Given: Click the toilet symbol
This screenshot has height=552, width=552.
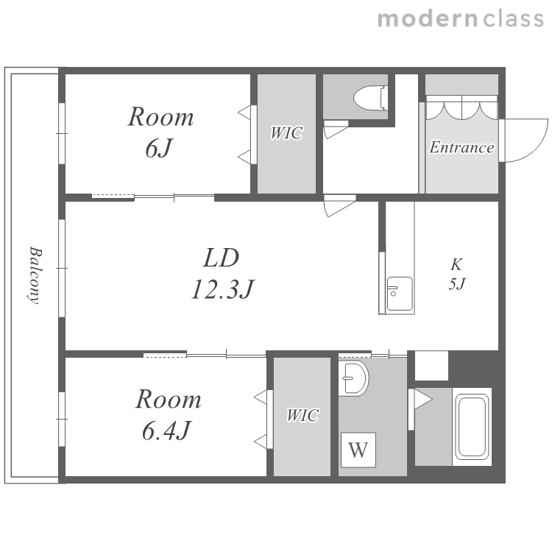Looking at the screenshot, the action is (x=370, y=97).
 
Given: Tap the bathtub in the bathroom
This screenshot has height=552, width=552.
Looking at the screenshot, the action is (x=472, y=426).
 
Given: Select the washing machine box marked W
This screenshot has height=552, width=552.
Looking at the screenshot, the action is (x=358, y=450).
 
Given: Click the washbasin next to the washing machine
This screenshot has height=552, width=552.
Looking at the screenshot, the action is (x=353, y=378).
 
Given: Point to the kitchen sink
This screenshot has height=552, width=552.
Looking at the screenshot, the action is (x=400, y=294).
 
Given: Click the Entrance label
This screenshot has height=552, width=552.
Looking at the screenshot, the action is (x=461, y=147).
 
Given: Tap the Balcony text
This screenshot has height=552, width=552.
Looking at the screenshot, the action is (x=35, y=275).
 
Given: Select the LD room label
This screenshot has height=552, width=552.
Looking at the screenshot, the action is (x=222, y=258).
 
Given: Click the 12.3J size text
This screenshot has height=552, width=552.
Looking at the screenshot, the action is (x=222, y=289).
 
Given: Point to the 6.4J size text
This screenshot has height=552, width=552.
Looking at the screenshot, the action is (x=166, y=431).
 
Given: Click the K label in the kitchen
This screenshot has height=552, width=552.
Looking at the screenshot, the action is (x=456, y=264).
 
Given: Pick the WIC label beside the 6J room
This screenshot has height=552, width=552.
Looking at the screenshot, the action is (x=286, y=133).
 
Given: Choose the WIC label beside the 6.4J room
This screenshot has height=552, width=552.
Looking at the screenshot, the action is (x=302, y=415).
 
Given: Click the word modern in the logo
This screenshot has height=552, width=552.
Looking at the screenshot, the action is (x=428, y=18).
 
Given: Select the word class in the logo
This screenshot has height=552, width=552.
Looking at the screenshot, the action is (x=513, y=18).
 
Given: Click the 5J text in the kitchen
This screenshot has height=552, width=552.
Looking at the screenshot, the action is (x=457, y=284).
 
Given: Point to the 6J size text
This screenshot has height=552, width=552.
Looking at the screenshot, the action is (x=159, y=148).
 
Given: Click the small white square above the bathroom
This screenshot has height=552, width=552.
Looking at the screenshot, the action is (x=431, y=365).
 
